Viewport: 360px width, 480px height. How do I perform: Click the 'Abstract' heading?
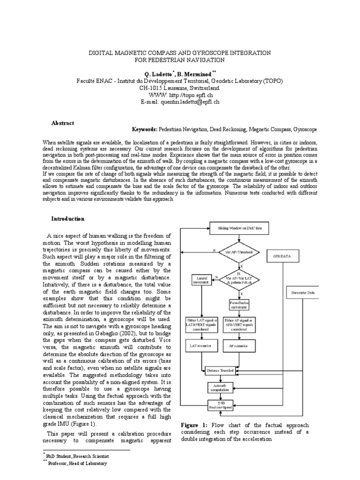pyautogui.click(x=62, y=123)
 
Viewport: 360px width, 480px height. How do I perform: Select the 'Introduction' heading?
pyautogui.click(x=67, y=219)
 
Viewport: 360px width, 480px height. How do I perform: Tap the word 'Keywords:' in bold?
pyautogui.click(x=144, y=128)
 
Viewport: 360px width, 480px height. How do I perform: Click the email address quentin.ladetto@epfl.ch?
pyautogui.click(x=189, y=101)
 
